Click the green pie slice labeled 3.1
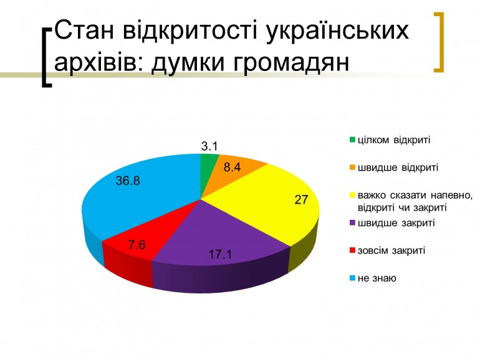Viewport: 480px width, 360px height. point(206,171)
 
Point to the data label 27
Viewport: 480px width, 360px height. point(301,200)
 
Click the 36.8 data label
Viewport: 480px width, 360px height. point(128,181)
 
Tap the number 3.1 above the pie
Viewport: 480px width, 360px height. point(209,146)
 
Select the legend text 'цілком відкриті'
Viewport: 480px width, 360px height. point(394,140)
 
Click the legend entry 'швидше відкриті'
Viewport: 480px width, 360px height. point(398,168)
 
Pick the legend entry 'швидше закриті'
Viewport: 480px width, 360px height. point(396,222)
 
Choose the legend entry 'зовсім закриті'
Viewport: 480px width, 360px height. point(391,250)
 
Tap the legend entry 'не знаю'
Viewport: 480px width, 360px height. point(377,278)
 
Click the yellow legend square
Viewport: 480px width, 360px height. point(352,195)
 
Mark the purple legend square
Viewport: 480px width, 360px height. point(352,223)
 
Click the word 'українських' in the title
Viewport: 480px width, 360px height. point(337,31)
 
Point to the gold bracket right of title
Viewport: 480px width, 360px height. point(439,42)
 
